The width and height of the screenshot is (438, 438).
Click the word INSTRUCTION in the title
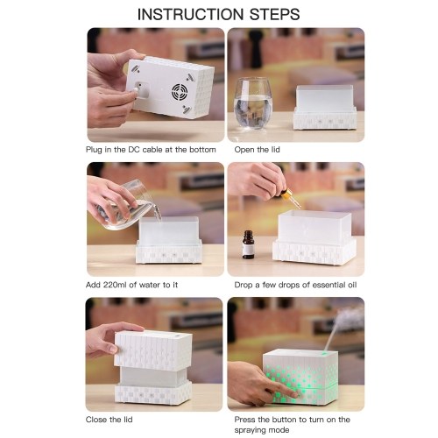[190, 14]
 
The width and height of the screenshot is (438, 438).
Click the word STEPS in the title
[275, 14]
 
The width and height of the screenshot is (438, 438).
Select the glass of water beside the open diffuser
[253, 103]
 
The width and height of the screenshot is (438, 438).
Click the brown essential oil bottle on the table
[248, 244]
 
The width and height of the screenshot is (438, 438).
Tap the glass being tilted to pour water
[129, 206]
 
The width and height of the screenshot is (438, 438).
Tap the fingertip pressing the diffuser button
[295, 395]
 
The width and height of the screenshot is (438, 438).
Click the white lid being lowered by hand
[153, 350]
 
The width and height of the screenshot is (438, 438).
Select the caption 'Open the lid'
[257, 150]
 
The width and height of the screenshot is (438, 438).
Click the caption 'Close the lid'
[109, 420]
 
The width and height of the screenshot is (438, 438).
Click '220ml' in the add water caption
[117, 285]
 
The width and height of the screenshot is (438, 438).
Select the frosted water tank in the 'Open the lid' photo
[325, 98]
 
